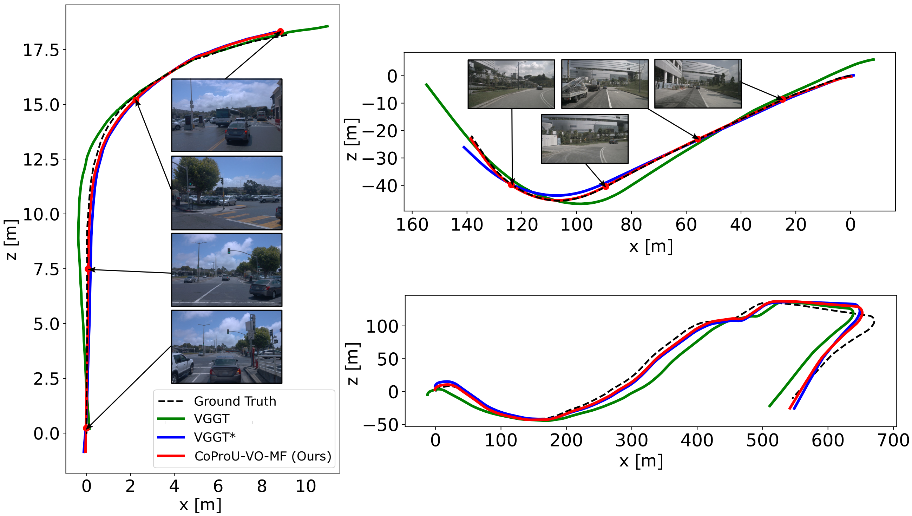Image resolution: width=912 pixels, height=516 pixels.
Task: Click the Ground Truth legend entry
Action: tap(235, 401)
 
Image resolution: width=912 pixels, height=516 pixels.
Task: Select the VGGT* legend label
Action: tap(215, 437)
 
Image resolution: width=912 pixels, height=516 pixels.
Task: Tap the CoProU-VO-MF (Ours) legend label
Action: tap(263, 456)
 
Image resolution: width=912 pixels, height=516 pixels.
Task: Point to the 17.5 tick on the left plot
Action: tap(41, 50)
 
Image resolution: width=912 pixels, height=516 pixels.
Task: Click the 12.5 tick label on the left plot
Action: tap(41, 159)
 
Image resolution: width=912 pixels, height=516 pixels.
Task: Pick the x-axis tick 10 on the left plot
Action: tap(306, 486)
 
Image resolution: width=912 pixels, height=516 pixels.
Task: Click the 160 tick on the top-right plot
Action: tap(412, 225)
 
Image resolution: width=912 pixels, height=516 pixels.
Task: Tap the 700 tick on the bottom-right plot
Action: tap(893, 440)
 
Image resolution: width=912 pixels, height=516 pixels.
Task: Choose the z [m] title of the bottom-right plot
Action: tap(353, 364)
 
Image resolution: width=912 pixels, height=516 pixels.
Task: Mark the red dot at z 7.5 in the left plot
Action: tap(88, 269)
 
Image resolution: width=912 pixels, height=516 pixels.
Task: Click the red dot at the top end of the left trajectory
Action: tap(280, 31)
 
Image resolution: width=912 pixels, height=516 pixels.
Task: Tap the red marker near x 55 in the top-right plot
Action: tap(698, 139)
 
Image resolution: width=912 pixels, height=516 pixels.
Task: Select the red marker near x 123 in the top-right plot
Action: tap(511, 184)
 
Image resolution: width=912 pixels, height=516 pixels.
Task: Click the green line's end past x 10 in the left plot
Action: tap(328, 26)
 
